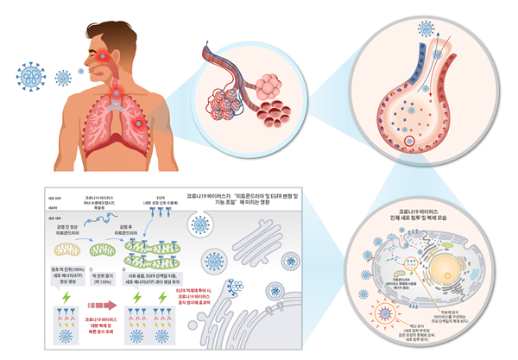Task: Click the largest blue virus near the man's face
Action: tap(32, 76)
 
